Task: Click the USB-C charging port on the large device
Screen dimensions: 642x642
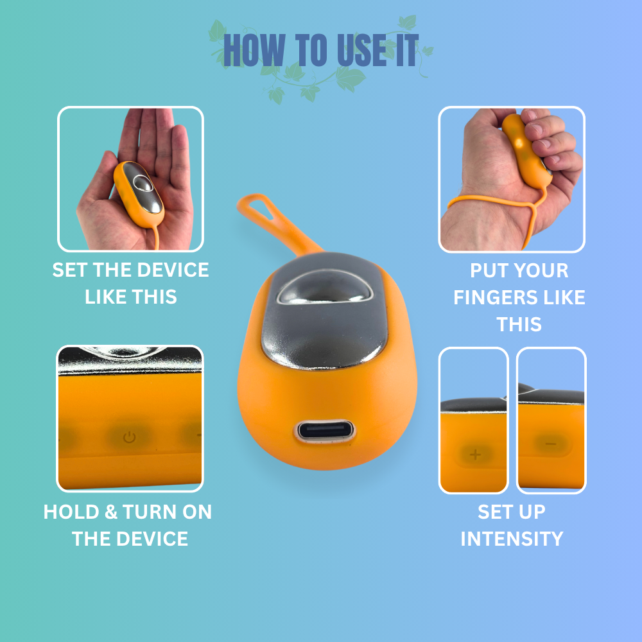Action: point(324,431)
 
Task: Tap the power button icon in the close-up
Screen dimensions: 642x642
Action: point(130,437)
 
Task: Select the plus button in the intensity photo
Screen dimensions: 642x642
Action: point(475,455)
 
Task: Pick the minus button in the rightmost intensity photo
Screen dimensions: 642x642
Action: point(551,444)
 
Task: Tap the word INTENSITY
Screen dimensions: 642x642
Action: point(512,539)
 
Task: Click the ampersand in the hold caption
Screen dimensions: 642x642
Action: point(111,512)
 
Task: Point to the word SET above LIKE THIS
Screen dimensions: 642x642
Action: point(69,270)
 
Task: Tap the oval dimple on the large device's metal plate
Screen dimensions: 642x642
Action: point(325,288)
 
